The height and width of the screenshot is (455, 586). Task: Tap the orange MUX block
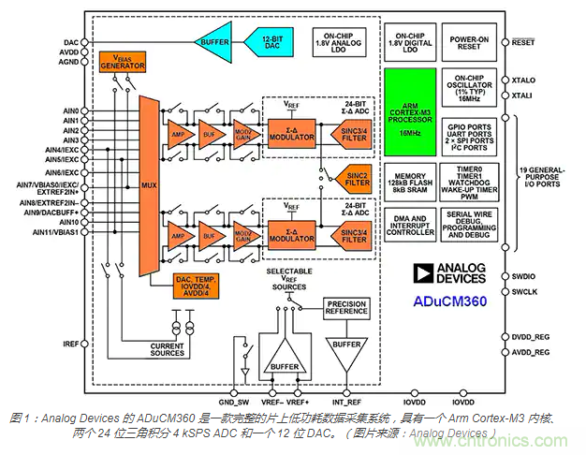click(148, 183)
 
